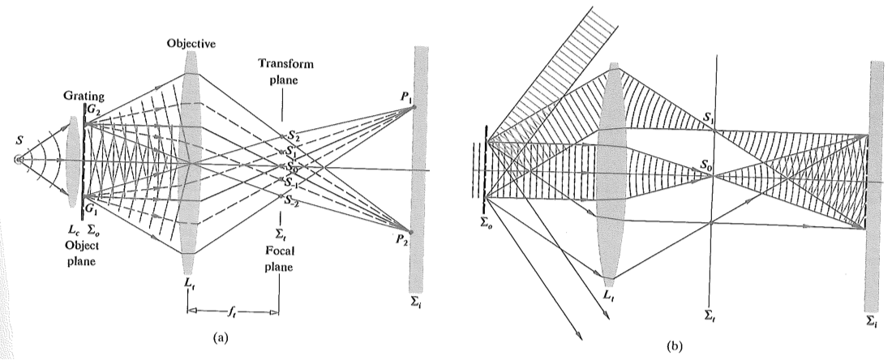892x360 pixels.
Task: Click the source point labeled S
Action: tap(18, 160)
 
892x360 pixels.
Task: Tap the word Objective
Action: tap(192, 43)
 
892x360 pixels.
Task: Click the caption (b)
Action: tap(673, 344)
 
